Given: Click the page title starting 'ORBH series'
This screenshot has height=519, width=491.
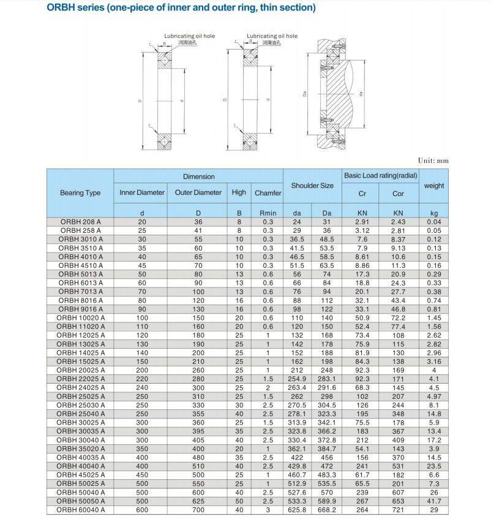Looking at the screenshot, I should click(x=181, y=8).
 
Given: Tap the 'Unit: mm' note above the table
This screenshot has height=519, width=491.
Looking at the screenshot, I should click(x=433, y=161).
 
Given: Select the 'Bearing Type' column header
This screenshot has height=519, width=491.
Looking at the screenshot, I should click(x=80, y=193).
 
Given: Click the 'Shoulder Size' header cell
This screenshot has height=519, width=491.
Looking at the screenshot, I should click(x=312, y=186).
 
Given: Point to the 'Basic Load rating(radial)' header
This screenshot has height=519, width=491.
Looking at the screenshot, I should click(x=380, y=176).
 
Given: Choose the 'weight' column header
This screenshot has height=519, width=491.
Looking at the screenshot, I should click(x=434, y=186).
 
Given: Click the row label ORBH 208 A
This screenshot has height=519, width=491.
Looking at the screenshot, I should click(x=80, y=221).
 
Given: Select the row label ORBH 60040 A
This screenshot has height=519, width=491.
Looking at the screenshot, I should click(x=80, y=510).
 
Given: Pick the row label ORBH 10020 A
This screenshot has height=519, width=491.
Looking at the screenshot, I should click(x=80, y=318).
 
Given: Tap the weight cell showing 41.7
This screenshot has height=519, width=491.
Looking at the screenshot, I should click(x=434, y=501).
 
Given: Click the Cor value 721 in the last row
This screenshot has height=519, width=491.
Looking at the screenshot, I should click(x=399, y=510).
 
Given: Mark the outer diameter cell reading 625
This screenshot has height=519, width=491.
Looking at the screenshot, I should click(x=198, y=501).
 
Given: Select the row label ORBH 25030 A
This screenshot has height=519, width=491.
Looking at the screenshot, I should click(x=80, y=405).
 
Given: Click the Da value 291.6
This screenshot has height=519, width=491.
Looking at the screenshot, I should click(x=327, y=388).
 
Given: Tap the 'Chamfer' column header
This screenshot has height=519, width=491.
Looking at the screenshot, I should click(x=268, y=193).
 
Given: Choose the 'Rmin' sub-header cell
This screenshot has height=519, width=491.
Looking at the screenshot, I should click(x=268, y=213).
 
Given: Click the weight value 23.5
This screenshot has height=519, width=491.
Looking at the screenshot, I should click(x=434, y=466).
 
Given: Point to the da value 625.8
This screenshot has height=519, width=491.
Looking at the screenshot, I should click(x=297, y=510).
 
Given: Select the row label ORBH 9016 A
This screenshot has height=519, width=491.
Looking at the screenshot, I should click(x=80, y=309).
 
